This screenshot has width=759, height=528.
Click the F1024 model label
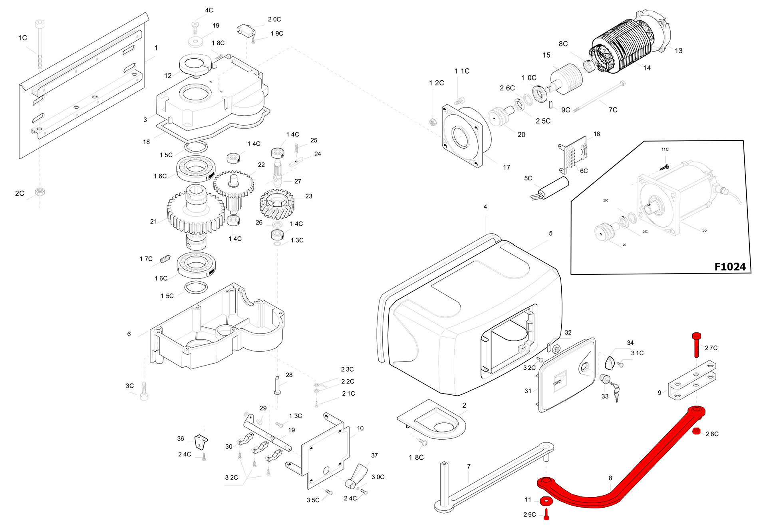(729, 267)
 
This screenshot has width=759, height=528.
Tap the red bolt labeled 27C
(696, 344)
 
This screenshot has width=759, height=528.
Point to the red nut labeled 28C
(696, 431)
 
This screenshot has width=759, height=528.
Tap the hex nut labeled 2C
(40, 192)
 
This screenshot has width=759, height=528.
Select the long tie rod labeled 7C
(599, 96)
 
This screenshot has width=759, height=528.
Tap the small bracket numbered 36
(201, 442)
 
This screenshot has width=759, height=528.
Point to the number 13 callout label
(678, 51)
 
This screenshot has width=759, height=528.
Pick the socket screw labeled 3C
(144, 391)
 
